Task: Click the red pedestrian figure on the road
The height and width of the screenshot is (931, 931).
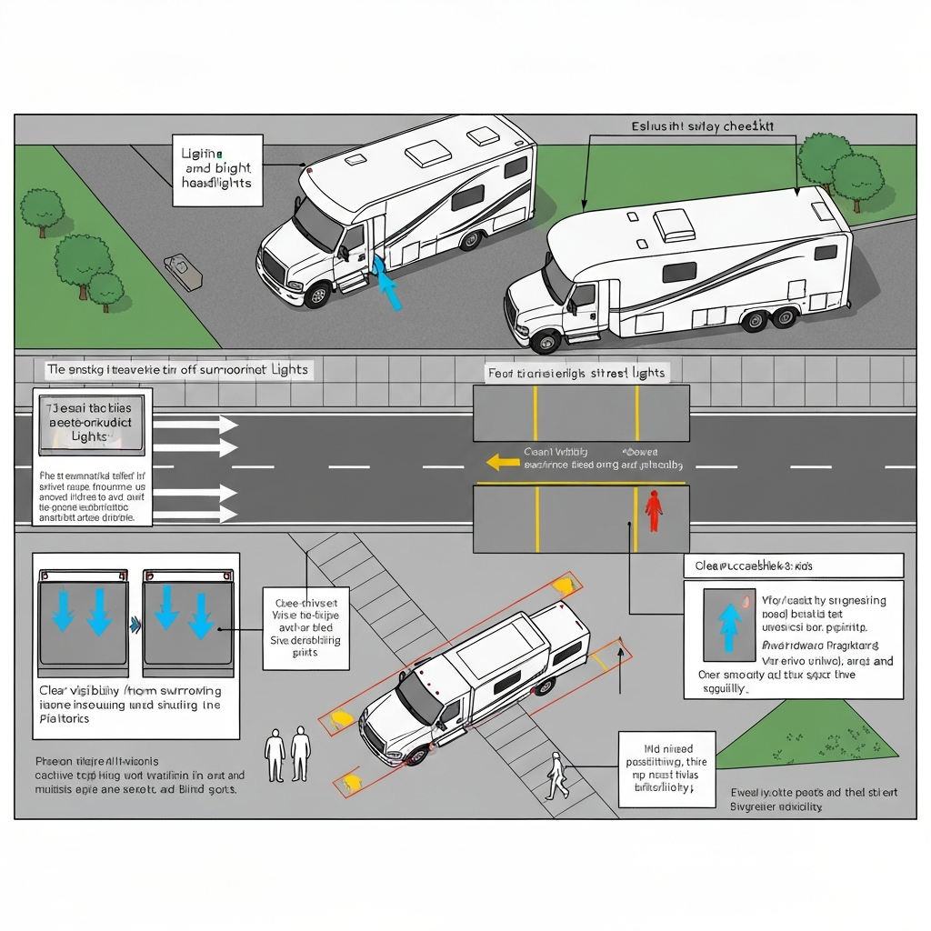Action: [x=653, y=510]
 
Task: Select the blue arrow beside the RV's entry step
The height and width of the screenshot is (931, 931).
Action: [x=387, y=284]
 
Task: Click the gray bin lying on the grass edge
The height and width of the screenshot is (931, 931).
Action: [x=183, y=272]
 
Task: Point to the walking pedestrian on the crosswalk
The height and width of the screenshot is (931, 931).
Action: [x=556, y=776]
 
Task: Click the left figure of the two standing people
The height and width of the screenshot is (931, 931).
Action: [x=275, y=754]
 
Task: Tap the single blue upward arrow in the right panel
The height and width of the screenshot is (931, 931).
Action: [x=728, y=627]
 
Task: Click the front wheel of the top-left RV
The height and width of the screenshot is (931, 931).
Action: [x=317, y=294]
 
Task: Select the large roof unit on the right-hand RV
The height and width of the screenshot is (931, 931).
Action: [x=675, y=225]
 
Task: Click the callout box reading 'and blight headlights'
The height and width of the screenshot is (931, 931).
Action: [x=217, y=169]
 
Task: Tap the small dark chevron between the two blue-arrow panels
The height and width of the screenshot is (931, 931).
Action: [x=135, y=624]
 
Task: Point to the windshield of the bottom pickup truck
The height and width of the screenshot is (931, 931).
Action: [x=419, y=698]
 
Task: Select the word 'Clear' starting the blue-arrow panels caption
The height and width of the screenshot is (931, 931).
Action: [x=55, y=690]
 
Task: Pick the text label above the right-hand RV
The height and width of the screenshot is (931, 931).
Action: [x=702, y=127]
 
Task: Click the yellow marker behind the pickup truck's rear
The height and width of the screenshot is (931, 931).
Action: [x=565, y=583]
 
